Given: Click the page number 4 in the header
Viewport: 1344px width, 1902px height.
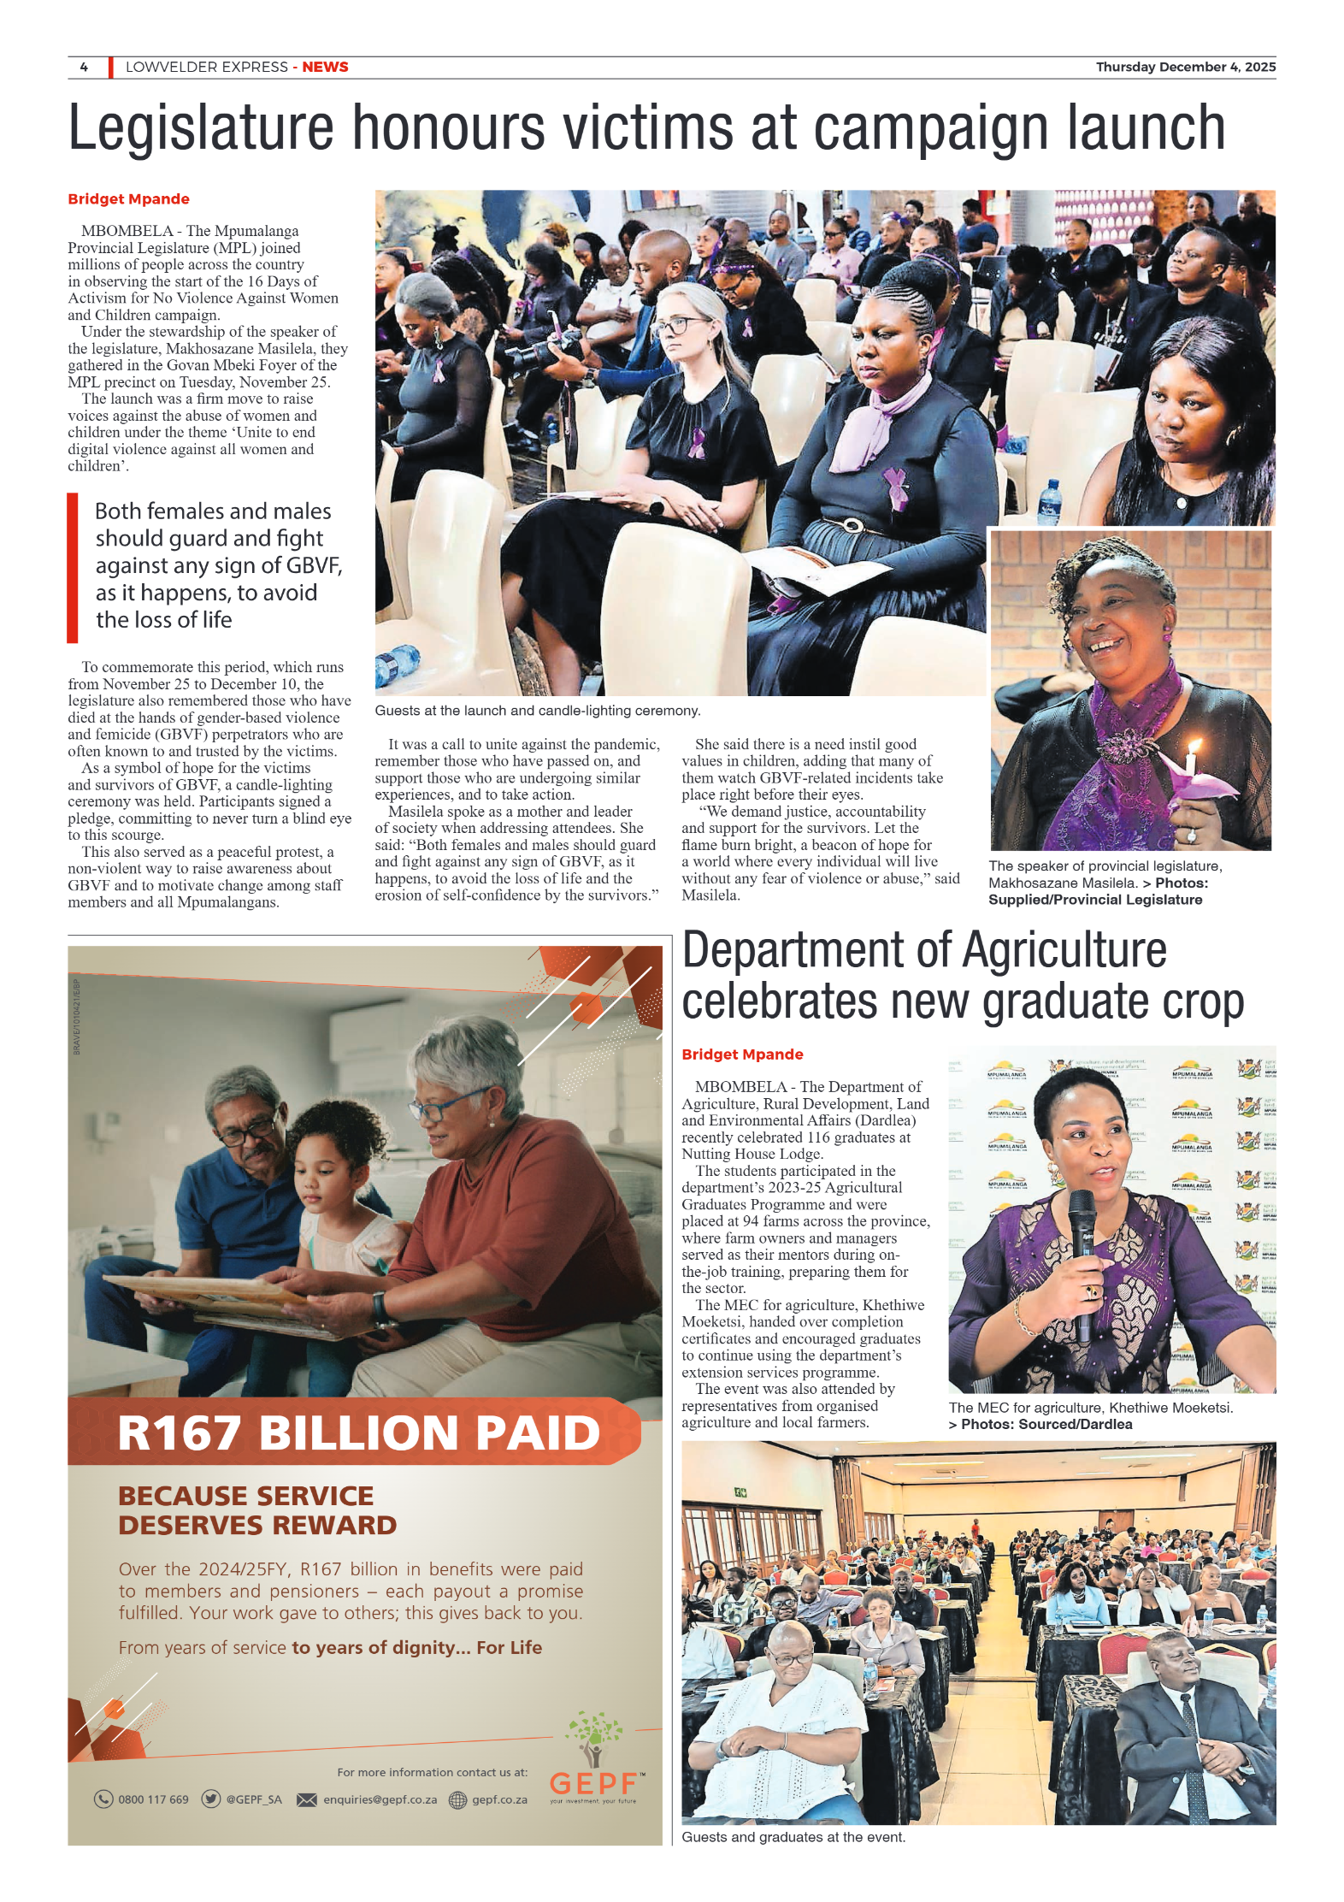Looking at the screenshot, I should coord(84,67).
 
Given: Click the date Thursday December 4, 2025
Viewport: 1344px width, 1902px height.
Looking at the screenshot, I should coord(1185,67).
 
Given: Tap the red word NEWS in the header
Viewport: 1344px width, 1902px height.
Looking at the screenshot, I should coord(325,67).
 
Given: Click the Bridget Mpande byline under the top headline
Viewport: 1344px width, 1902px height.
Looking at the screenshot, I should coord(128,199).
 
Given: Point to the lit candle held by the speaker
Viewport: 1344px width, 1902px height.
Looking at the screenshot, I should coord(1190,761).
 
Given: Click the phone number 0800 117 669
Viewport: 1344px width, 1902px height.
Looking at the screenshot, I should coord(153,1799).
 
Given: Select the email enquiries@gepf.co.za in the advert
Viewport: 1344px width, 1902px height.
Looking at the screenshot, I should coord(380,1799).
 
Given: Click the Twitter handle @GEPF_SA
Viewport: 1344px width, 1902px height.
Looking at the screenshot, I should coord(253,1799).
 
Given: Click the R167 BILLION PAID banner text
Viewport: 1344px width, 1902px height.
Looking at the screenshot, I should coord(359,1433).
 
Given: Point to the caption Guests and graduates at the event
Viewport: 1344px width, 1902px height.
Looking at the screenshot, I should coord(793,1837).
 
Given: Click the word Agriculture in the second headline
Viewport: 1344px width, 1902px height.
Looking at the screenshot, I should coord(1064,951).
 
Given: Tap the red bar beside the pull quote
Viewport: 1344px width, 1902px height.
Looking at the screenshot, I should coord(73,567).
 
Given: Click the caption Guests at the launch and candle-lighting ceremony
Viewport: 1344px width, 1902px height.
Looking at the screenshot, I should coord(537,711).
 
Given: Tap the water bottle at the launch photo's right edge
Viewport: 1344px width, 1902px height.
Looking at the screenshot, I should coord(1049,503).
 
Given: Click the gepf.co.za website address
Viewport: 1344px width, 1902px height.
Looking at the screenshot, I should coord(499,1799).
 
